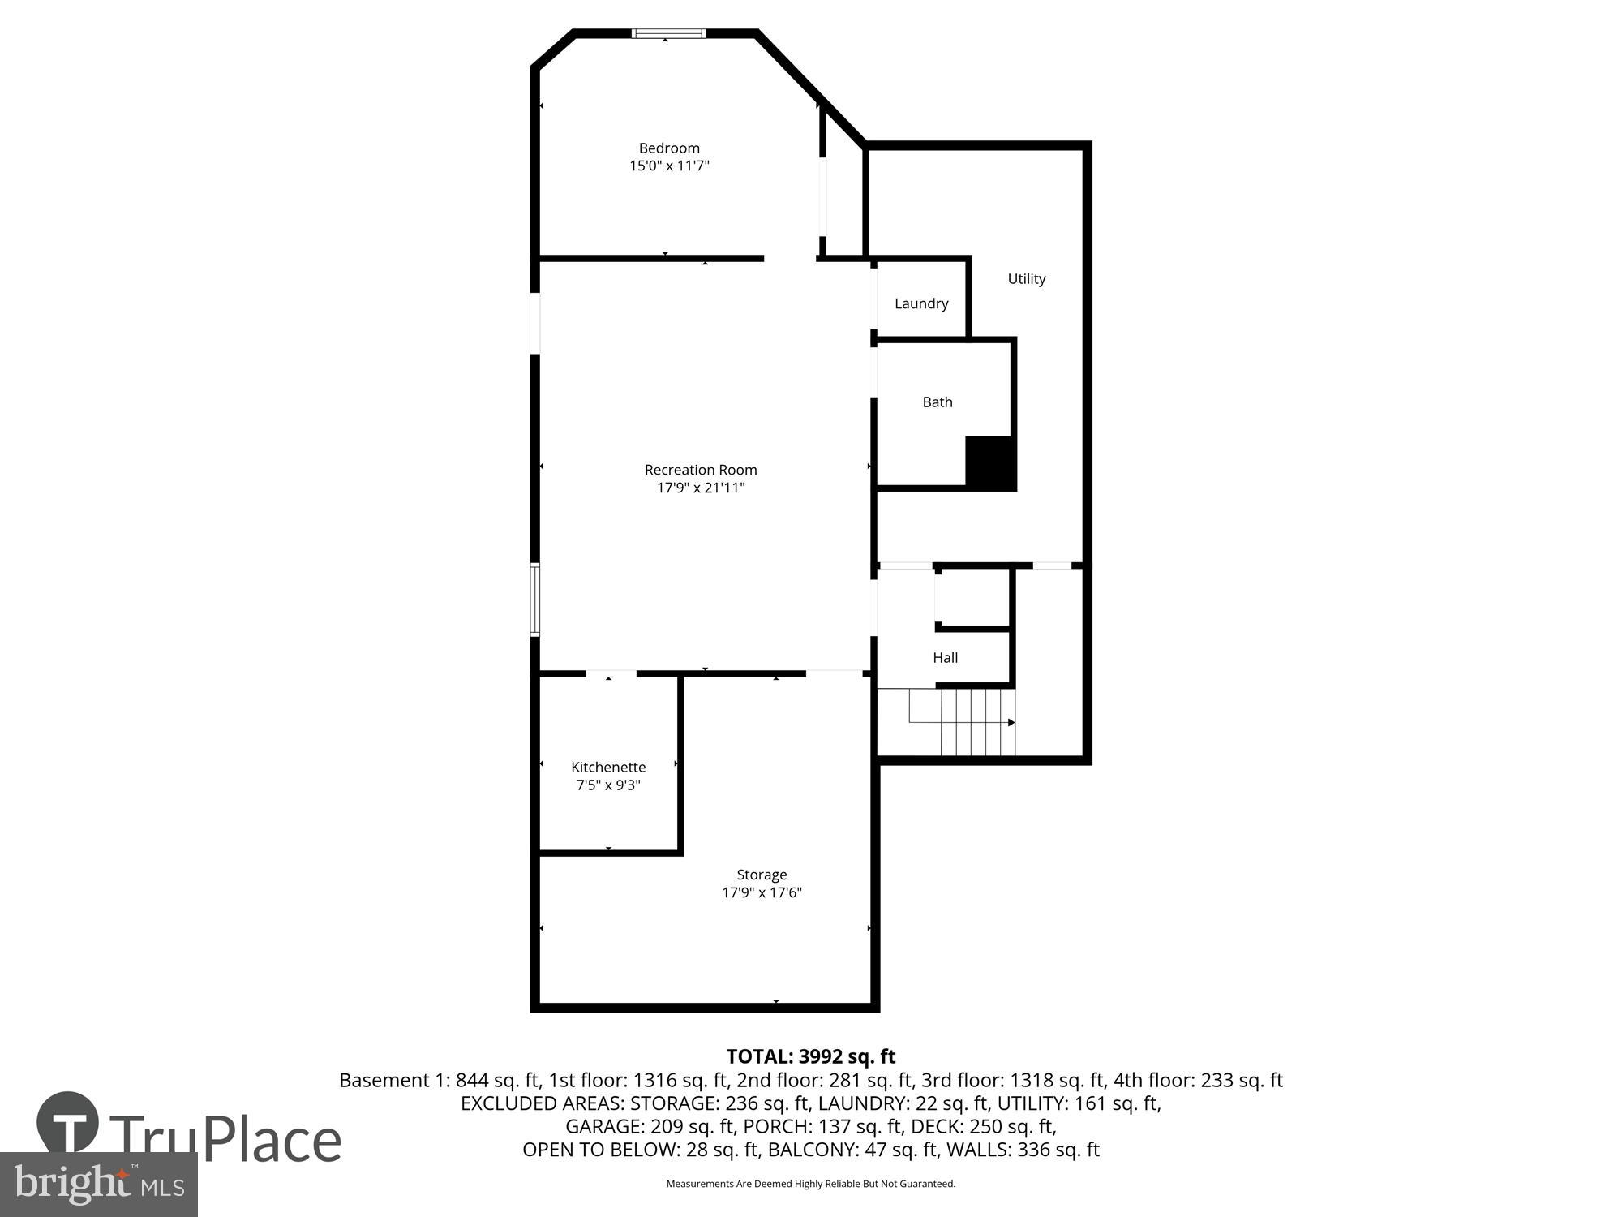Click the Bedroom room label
pyautogui.click(x=669, y=148)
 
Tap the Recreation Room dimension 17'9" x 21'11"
pyautogui.click(x=701, y=488)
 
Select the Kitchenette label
pyautogui.click(x=608, y=767)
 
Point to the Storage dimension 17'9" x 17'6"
pyautogui.click(x=762, y=892)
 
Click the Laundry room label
pyautogui.click(x=921, y=303)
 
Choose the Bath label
pyautogui.click(x=938, y=402)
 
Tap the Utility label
pyautogui.click(x=1027, y=278)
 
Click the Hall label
pyautogui.click(x=946, y=657)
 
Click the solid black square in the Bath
pyautogui.click(x=990, y=462)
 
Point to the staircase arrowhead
pyautogui.click(x=1011, y=722)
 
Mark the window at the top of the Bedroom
pyautogui.click(x=668, y=33)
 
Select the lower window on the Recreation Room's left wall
pyautogui.click(x=535, y=600)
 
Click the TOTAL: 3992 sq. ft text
pyautogui.click(x=810, y=1056)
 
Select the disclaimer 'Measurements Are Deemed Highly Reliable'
pyautogui.click(x=810, y=1184)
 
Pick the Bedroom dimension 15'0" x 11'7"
pyautogui.click(x=669, y=166)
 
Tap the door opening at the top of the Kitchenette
pyautogui.click(x=611, y=673)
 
